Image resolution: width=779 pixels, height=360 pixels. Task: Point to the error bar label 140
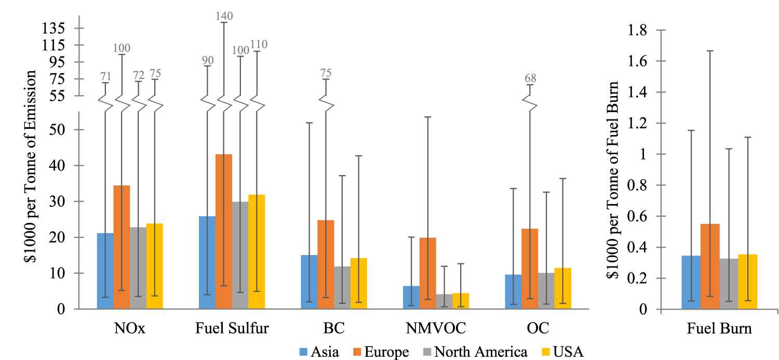coord(224,16)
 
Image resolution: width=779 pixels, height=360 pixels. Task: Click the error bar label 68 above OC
coord(530,79)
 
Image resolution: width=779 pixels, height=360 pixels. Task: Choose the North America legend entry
coord(473,352)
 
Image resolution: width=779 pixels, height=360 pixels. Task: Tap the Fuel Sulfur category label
coord(232,329)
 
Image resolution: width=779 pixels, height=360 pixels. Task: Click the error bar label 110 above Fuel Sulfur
coord(259,45)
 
